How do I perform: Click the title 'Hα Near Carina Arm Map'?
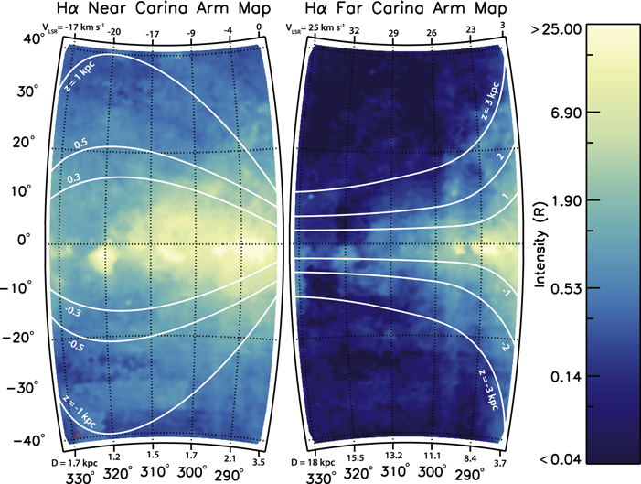(x=155, y=9)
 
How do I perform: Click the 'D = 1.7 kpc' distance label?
(x=72, y=454)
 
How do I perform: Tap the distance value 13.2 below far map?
(x=394, y=455)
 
